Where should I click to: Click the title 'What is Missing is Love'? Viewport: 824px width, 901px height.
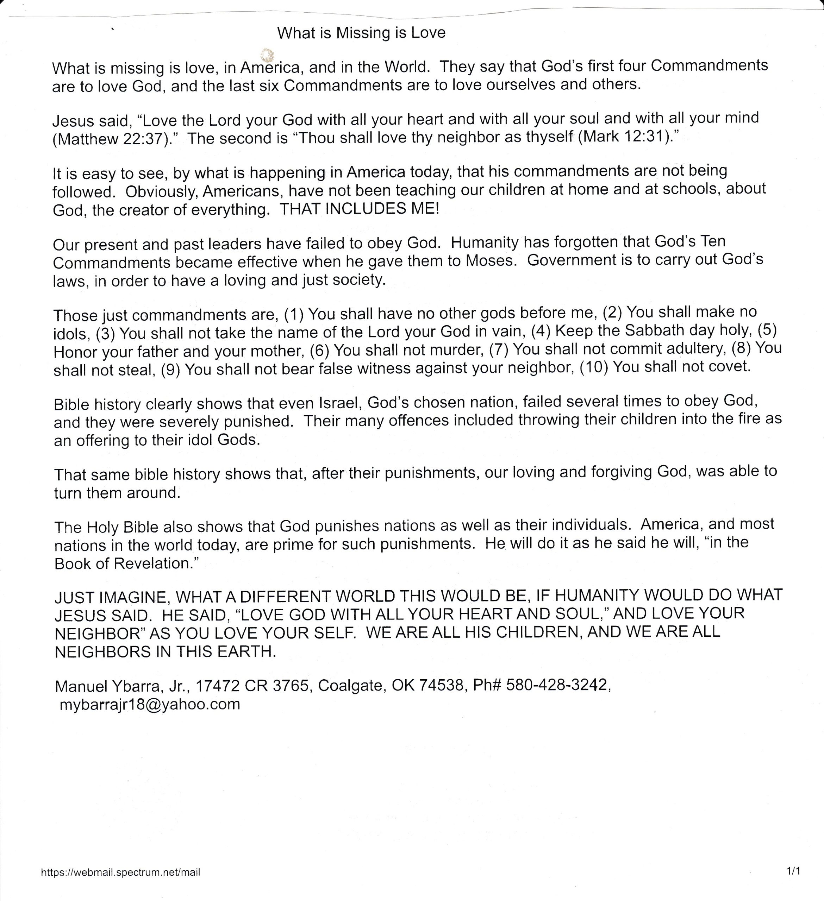coord(361,33)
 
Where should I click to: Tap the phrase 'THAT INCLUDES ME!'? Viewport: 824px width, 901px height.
coord(359,209)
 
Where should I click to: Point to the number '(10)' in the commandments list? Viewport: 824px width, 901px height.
coord(594,367)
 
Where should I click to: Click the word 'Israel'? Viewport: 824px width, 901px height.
coord(339,403)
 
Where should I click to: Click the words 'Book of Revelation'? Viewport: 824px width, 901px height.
coord(123,563)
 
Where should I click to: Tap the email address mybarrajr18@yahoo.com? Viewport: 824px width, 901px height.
coord(150,704)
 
